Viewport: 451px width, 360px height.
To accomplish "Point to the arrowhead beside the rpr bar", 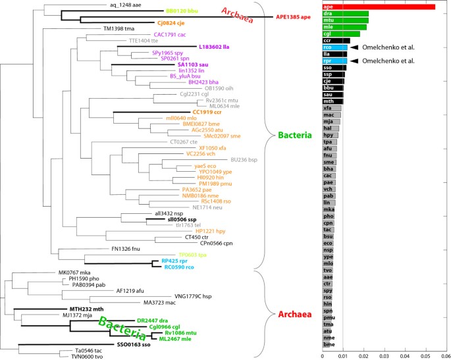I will click(x=354, y=61).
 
